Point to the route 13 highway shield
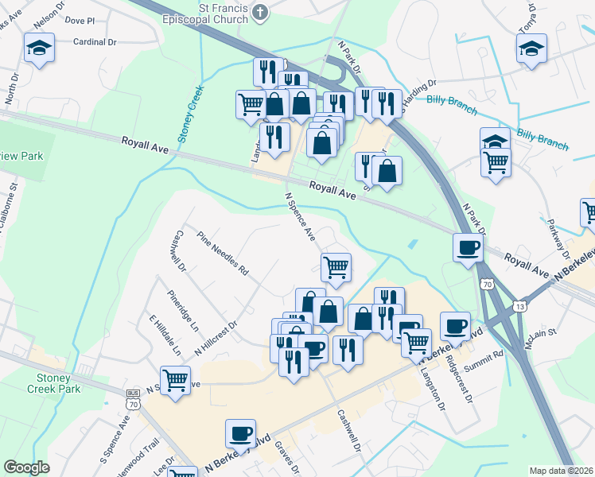point(520,306)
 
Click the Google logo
point(27,467)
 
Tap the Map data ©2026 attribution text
point(562,471)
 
